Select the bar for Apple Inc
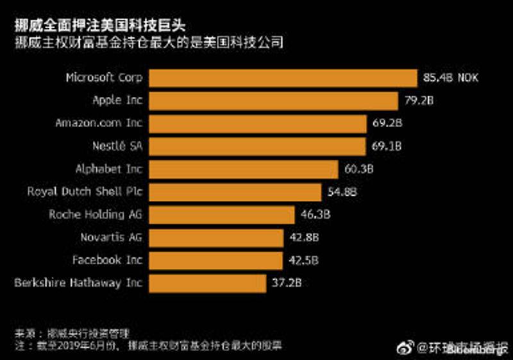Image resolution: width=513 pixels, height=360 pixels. tap(274, 101)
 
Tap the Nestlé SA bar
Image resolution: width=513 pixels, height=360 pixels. tap(258, 146)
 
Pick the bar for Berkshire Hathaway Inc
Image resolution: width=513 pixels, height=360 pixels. tap(208, 283)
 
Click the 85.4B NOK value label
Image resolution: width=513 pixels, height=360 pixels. tap(451, 78)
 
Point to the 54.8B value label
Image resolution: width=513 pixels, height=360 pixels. tap(342, 192)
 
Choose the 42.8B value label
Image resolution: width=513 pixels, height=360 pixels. tap(304, 237)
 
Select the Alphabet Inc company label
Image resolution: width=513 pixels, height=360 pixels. tap(109, 169)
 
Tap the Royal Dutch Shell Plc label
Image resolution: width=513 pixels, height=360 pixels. tap(85, 192)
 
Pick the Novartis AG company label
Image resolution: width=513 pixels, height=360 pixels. tap(111, 237)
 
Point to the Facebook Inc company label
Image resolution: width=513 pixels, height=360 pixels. tap(107, 261)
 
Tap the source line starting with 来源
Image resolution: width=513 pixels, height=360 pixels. tap(72, 334)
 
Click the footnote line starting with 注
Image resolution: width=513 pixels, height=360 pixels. tap(149, 345)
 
